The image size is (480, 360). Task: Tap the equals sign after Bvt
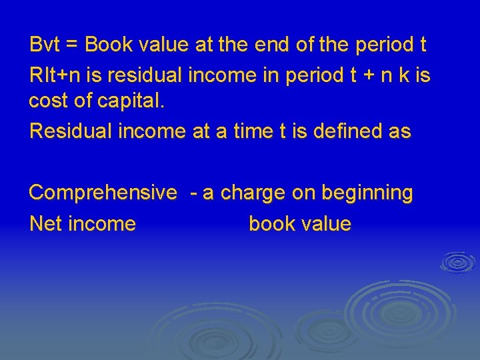click(73, 45)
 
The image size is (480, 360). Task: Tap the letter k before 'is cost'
click(403, 75)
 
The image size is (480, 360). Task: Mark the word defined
click(349, 131)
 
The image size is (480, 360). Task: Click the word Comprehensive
click(103, 193)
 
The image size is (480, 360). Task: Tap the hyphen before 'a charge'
click(193, 193)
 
